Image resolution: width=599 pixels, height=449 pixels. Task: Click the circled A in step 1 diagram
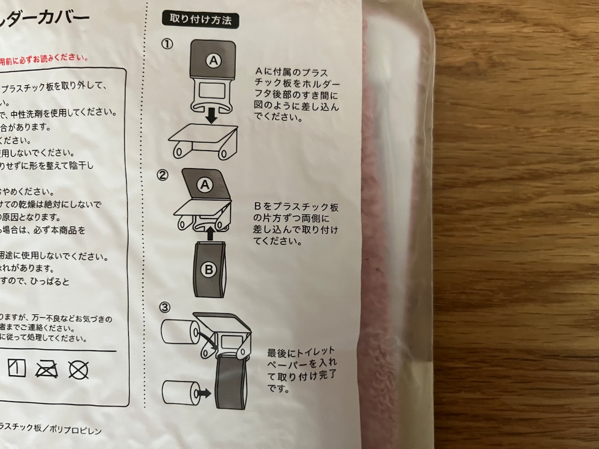point(213,61)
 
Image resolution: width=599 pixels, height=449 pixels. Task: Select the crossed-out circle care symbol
point(78,370)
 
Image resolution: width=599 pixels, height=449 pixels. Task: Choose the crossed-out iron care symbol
point(47,370)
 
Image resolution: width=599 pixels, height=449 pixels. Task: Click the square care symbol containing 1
point(16,369)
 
